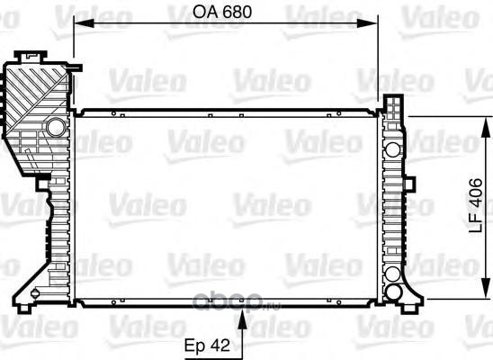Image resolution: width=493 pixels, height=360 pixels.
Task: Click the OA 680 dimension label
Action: (222, 12)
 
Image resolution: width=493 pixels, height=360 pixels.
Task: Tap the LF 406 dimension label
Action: (475, 205)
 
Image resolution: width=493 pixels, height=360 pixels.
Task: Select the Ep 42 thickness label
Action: (207, 346)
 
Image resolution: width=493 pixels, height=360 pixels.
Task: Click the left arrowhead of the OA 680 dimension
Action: (84, 23)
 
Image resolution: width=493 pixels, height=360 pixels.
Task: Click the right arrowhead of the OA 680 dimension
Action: (367, 23)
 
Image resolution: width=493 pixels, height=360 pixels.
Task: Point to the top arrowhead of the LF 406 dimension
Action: (486, 127)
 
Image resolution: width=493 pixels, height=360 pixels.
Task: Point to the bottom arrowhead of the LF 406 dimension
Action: (486, 289)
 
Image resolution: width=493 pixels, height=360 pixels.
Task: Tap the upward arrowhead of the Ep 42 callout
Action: (242, 319)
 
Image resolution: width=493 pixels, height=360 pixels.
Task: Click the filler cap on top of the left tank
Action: (31, 57)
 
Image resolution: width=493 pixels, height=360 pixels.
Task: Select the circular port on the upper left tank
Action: (57, 127)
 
